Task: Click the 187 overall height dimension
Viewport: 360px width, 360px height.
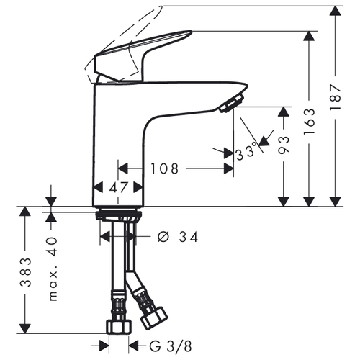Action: click(336, 96)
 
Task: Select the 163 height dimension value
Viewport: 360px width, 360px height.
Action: click(309, 122)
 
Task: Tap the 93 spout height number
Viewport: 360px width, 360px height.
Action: click(284, 145)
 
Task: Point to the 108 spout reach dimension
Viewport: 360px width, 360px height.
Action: click(165, 168)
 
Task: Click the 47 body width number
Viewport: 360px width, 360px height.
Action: click(119, 187)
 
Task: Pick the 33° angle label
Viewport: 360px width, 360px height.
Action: click(246, 152)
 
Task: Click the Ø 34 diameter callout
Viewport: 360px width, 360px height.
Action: click(178, 237)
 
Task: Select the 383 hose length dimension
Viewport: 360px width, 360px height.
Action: click(25, 272)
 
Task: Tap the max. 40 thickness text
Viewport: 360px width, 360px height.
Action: click(53, 269)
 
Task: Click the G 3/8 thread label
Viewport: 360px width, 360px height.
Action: click(171, 346)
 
